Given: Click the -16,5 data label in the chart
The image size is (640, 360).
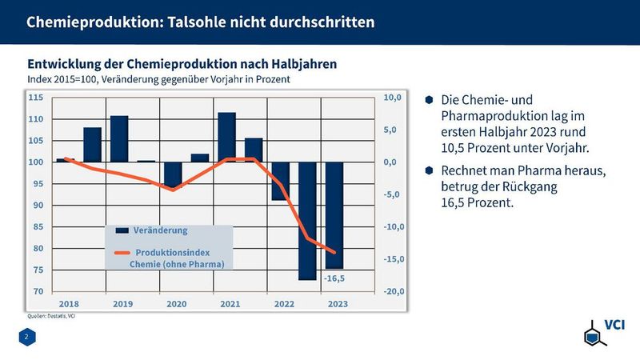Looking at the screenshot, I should coord(334,278).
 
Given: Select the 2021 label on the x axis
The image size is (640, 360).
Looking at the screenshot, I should coord(230,304).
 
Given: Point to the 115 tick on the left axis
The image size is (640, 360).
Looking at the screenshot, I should coord(36,98).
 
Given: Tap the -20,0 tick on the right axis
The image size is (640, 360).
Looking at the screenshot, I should coord(396,291).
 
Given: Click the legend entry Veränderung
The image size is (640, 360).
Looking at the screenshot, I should coord(161,230).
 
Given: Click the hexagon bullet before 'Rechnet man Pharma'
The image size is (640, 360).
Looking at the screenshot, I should coord(430,170).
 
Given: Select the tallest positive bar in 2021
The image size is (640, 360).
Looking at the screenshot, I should coord(226,137).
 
